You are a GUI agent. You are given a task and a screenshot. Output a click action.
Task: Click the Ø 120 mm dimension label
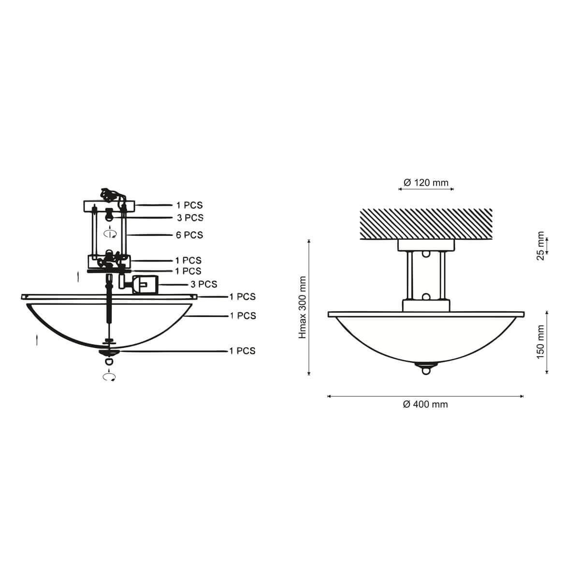coord(426,183)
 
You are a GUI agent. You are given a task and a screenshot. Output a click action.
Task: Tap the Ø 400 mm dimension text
coord(425,404)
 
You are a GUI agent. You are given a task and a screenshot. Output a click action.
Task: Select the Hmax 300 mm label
coord(302,307)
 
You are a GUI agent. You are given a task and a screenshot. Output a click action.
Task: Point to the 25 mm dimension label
coord(540,246)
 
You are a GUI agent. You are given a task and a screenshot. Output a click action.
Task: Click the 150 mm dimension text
coord(540,342)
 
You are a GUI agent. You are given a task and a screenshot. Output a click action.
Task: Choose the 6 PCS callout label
coord(189,235)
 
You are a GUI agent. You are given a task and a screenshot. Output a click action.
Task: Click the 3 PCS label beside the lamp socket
coord(204,284)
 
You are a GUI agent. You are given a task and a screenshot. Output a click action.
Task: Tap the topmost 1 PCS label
coord(189,205)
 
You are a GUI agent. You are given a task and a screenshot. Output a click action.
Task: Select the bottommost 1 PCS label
coord(242,351)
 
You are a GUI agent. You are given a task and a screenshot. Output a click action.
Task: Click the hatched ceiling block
coord(426,224)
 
